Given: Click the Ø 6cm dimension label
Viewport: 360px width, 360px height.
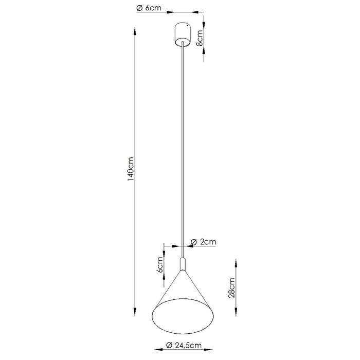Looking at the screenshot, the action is tap(149, 8).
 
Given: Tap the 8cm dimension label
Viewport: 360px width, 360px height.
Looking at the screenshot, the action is tap(200, 38).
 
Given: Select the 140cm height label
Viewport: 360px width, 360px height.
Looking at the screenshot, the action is tap(131, 169).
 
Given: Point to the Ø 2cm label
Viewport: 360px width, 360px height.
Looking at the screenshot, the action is tap(204, 242).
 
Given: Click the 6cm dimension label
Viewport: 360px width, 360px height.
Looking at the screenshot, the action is tap(160, 265).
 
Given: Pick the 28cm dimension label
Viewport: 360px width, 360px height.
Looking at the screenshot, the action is tap(231, 288).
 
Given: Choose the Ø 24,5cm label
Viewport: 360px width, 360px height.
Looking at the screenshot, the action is tap(184, 345).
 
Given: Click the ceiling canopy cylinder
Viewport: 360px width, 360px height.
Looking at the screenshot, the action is tap(183, 34).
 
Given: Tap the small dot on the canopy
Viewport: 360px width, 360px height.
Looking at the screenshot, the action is tap(187, 26).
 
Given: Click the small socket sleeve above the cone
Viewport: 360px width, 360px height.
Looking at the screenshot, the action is tap(183, 264).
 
